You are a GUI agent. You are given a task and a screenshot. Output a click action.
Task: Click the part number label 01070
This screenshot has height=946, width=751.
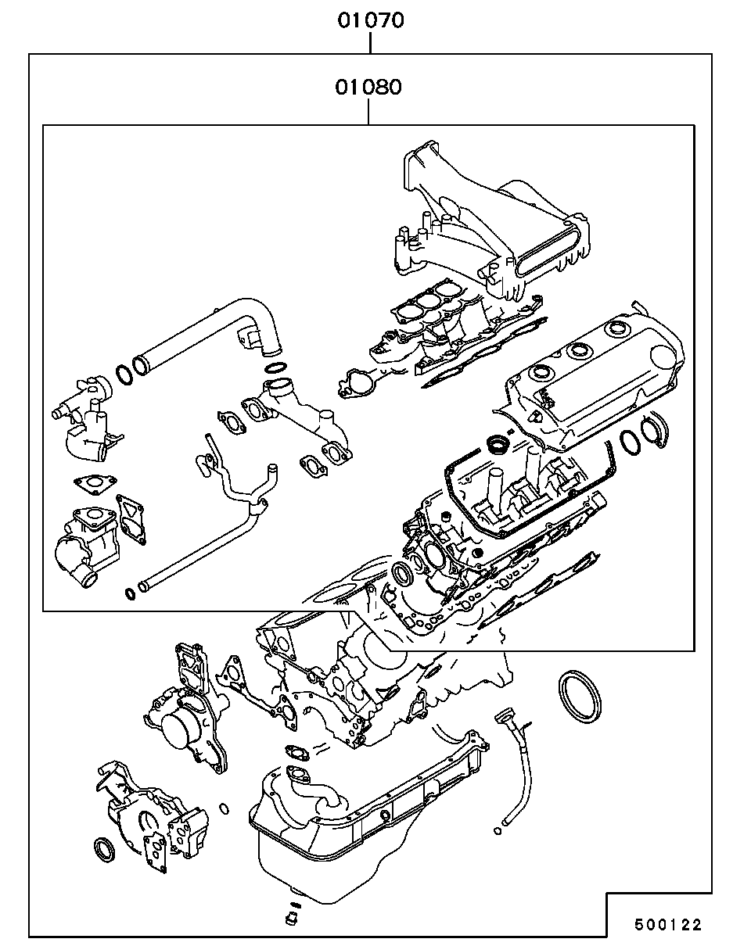click(371, 20)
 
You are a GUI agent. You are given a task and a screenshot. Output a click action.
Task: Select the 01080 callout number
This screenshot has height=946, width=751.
click(368, 86)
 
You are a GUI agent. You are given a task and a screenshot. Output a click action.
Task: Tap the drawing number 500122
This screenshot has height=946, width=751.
click(667, 925)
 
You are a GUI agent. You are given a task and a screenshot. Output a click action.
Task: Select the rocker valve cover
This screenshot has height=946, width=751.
click(595, 383)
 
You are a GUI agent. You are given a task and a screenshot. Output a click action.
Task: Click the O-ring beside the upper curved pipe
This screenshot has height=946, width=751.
click(124, 374)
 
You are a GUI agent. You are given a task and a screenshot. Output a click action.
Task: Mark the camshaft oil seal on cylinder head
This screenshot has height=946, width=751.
click(404, 575)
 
